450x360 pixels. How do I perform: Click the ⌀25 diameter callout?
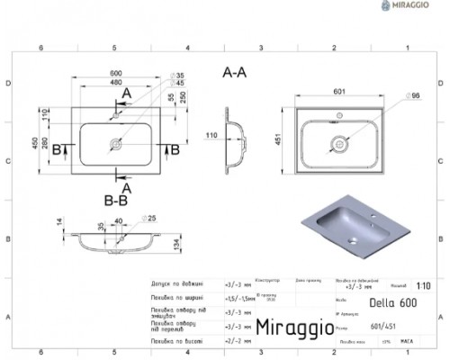click(151, 219)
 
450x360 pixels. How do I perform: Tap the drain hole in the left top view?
click(116, 142)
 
